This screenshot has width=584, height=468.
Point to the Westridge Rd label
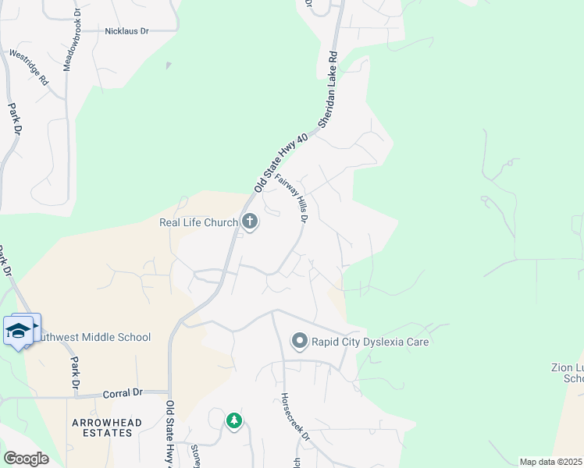point(29,68)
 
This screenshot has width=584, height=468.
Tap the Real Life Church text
point(198,223)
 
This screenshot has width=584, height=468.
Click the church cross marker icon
point(250,223)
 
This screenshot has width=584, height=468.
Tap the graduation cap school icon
point(20,331)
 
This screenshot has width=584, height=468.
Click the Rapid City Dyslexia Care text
point(370,342)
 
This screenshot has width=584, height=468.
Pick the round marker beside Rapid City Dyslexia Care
point(299,342)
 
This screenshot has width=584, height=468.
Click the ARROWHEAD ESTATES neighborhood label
point(107,427)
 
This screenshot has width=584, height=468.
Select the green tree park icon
point(234,421)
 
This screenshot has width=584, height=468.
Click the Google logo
point(26,459)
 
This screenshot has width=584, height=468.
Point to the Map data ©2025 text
point(550,462)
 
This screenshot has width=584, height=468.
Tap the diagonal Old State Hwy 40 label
point(281,162)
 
